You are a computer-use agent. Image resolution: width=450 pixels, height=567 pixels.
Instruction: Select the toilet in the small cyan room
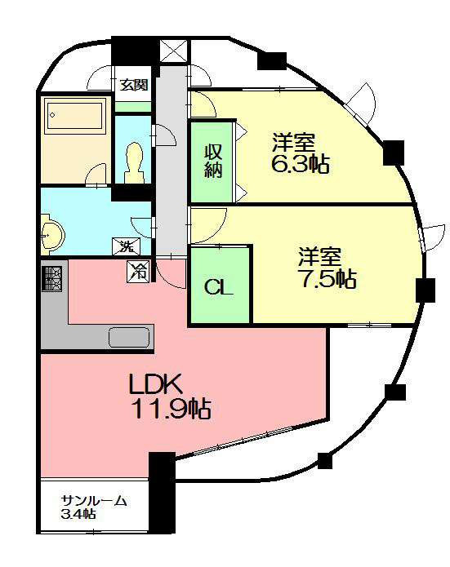click(133, 162)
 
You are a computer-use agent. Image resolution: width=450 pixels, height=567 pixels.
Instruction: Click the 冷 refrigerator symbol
click(138, 272)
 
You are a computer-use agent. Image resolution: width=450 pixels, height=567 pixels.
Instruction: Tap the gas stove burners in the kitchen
click(54, 278)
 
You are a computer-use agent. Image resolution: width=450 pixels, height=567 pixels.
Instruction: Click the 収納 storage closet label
click(213, 162)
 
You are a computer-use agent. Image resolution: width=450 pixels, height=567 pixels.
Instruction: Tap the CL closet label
click(219, 287)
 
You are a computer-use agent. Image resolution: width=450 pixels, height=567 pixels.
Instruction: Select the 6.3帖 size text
click(300, 162)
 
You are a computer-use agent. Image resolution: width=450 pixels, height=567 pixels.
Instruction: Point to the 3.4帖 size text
click(79, 515)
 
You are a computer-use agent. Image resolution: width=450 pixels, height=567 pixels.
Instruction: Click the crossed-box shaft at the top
click(175, 49)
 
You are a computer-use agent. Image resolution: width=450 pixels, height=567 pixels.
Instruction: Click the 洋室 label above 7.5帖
click(319, 255)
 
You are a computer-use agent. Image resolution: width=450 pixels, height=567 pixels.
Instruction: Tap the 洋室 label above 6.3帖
click(294, 141)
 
